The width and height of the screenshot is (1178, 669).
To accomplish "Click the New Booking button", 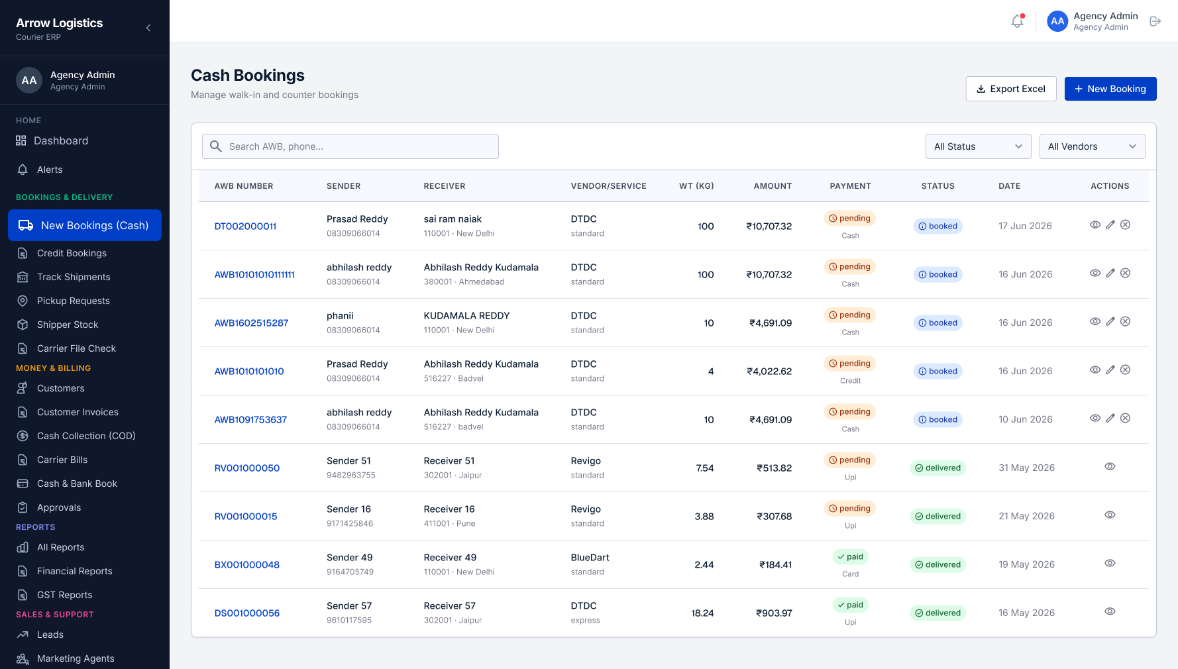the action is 1110,89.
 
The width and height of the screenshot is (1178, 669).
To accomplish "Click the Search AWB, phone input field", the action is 350,146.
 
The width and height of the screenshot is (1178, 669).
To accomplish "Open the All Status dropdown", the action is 978,146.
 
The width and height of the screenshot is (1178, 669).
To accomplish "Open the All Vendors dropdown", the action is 1092,146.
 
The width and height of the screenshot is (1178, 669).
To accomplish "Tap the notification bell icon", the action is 1018,21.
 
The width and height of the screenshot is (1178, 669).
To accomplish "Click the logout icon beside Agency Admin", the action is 1155,21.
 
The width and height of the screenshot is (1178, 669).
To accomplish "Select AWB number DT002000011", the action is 245,226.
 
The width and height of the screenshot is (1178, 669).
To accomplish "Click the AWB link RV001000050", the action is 247,468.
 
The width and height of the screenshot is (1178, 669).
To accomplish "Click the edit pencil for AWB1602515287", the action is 1110,321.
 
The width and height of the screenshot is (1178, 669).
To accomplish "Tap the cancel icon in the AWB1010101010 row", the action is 1125,370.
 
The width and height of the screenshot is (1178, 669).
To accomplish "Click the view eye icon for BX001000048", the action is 1110,563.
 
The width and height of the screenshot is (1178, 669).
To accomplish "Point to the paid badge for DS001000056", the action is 850,605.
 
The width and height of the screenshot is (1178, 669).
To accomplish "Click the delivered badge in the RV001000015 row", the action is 938,516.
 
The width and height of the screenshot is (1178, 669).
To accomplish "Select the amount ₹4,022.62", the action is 769,371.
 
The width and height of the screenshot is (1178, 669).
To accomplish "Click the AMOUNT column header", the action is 773,186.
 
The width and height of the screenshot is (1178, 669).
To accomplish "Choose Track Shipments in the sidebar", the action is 74,277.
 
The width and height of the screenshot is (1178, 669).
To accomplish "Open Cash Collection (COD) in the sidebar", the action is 86,436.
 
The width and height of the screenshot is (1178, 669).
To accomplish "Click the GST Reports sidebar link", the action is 65,595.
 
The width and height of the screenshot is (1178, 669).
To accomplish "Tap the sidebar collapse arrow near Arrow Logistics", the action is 148,28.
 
